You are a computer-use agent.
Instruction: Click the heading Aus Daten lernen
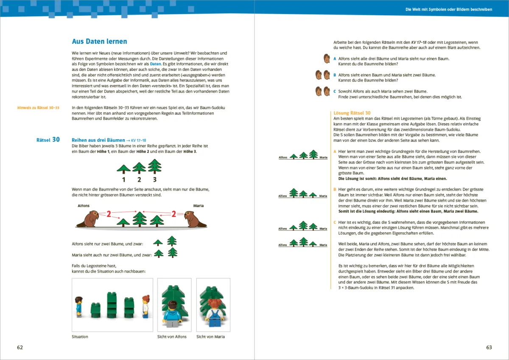(100, 42)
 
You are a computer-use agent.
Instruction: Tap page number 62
(20, 347)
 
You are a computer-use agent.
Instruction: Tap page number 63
(489, 347)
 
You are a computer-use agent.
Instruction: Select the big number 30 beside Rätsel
(56, 139)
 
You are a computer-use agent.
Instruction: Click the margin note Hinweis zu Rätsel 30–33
(38, 108)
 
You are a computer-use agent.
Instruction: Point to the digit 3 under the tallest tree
(154, 180)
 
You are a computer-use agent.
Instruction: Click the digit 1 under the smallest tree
(123, 180)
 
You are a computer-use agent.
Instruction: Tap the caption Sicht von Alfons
(172, 337)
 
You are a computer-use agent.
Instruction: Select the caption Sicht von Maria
(210, 337)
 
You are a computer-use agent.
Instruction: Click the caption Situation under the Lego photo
(80, 337)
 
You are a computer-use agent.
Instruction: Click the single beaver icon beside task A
(327, 59)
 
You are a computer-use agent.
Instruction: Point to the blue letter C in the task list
(335, 91)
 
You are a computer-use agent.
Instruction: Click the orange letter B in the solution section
(335, 189)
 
